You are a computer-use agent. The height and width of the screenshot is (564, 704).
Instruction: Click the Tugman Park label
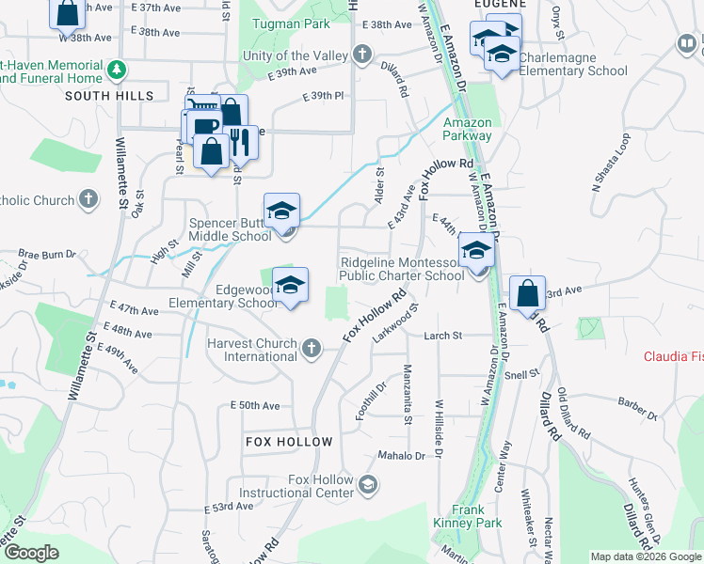click(291, 23)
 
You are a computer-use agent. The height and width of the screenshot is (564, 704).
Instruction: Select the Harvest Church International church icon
click(312, 350)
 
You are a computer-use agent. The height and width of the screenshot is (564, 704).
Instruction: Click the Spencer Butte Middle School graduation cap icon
click(281, 211)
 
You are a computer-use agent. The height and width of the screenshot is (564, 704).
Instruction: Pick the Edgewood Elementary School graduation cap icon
click(291, 286)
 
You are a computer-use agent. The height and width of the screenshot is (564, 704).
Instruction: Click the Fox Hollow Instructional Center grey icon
click(368, 485)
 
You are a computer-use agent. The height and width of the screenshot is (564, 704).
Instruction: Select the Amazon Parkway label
click(468, 129)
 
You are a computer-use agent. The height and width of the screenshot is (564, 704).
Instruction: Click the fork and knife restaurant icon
click(239, 142)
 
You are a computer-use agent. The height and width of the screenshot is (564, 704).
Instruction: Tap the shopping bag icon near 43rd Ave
click(529, 292)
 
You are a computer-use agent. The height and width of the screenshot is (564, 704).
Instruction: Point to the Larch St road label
click(442, 336)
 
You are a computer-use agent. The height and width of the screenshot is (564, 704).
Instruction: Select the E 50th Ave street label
click(255, 405)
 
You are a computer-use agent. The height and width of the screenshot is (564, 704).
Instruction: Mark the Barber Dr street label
click(636, 410)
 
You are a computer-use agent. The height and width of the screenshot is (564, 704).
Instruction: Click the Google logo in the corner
click(31, 554)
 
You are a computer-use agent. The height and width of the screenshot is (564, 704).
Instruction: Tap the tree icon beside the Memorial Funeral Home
click(117, 70)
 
